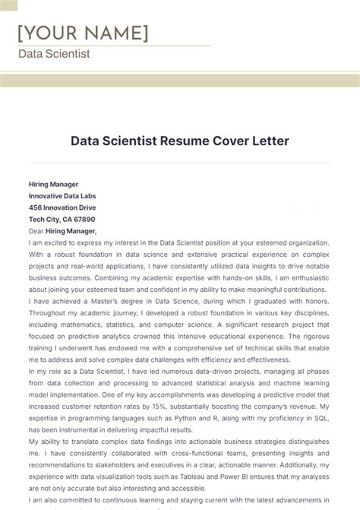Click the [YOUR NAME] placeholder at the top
(83, 33)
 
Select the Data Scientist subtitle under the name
(54, 54)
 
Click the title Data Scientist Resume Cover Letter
(180, 141)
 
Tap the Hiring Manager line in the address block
(53, 184)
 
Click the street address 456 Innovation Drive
(62, 207)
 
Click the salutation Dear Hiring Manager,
(62, 230)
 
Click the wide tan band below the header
(180, 80)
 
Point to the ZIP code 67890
(84, 219)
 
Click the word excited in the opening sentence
(60, 242)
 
